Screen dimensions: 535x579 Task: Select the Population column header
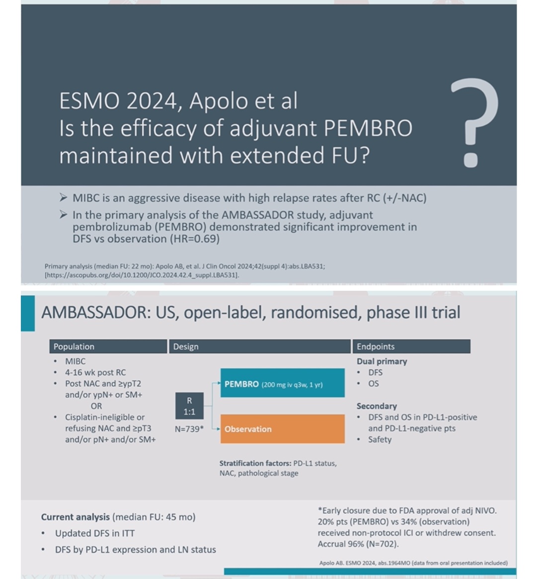coord(108,346)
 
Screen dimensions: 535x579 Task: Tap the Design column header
coord(260,346)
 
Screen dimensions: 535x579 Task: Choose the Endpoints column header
coord(411,346)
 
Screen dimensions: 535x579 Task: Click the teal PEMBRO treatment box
coord(283,383)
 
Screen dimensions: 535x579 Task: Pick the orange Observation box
coord(283,429)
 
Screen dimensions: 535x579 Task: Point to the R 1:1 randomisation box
coord(189,406)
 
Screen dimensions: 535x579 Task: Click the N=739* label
coord(189,429)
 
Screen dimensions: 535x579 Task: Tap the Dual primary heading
coord(382,361)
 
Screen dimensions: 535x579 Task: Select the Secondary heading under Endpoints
coord(377,406)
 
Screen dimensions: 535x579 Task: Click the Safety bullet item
coord(380,439)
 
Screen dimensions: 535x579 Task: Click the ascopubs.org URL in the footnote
coord(142,275)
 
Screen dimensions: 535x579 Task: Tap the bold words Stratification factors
coord(255,463)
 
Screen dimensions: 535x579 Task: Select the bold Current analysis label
coord(76,517)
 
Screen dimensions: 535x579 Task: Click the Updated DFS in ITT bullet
coord(95,533)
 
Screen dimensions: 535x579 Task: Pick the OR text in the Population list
coord(96,406)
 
